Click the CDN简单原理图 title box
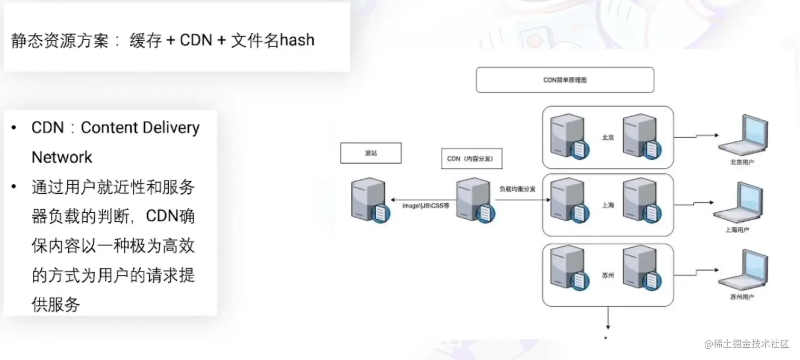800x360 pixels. click(x=565, y=80)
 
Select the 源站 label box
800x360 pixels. click(x=370, y=153)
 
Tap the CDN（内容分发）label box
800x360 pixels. click(x=470, y=158)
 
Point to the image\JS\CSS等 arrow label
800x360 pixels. click(x=425, y=206)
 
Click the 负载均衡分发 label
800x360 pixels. click(x=517, y=188)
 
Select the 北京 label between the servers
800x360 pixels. click(x=607, y=137)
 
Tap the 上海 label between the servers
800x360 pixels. click(x=607, y=205)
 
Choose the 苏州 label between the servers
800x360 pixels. click(x=607, y=275)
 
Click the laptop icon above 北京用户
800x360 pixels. click(x=742, y=136)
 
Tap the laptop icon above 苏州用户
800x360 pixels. click(x=742, y=272)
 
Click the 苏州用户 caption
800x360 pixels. click(x=742, y=298)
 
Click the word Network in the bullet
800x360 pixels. click(x=62, y=157)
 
